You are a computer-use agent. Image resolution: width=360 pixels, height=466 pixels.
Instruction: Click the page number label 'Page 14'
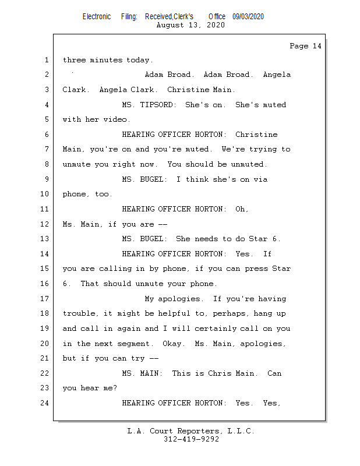[305, 46]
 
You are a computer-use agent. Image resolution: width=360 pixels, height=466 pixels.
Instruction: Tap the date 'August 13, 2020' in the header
[190, 25]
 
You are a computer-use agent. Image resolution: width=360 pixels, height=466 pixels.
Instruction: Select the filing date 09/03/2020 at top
[248, 16]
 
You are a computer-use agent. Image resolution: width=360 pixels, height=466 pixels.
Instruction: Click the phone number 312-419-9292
[191, 439]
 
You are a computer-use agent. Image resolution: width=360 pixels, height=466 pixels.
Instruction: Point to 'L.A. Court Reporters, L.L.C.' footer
[191, 431]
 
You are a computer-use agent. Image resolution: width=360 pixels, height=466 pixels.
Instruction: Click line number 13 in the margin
[46, 239]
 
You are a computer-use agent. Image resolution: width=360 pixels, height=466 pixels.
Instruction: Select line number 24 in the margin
[46, 403]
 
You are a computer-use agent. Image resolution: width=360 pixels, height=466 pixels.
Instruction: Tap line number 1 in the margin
[46, 60]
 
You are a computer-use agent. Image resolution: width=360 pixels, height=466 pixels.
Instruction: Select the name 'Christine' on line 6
[256, 135]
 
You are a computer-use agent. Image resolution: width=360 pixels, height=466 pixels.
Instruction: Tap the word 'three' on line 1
[74, 60]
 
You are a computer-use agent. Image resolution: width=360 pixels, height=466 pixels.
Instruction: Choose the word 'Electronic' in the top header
[97, 16]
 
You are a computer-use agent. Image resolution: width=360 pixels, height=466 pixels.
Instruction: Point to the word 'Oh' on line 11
[241, 209]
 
